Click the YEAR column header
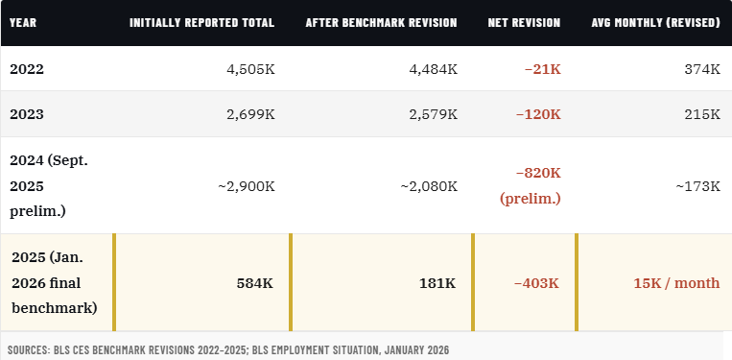point(23,22)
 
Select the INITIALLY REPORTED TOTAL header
point(201,22)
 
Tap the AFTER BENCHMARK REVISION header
point(381,22)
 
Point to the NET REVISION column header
point(524,22)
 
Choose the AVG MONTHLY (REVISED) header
point(656,22)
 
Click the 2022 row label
point(27,69)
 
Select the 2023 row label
point(27,114)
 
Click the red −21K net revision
point(542,69)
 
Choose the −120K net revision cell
point(537,114)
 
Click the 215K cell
point(702,114)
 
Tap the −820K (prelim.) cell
point(531,185)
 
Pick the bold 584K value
point(255,283)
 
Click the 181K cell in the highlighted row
point(438,283)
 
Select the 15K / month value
point(676,283)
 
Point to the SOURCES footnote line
point(227,349)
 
